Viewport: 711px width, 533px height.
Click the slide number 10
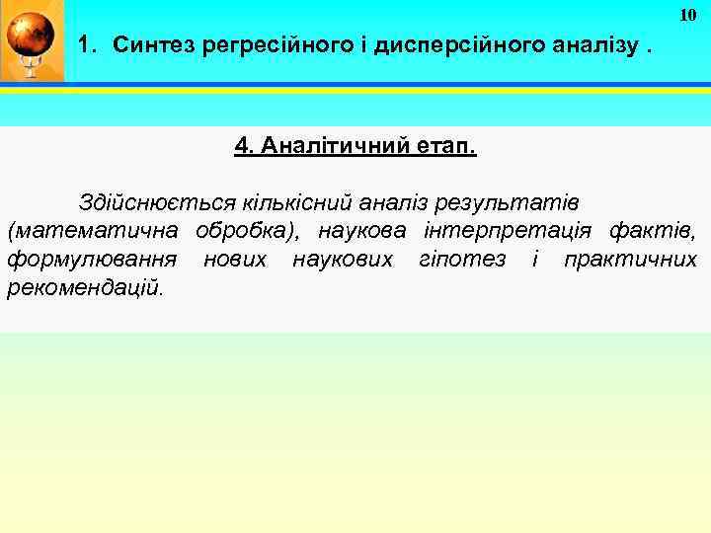click(688, 15)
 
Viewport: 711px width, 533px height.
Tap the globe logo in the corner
click(30, 41)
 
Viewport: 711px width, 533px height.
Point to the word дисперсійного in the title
click(454, 44)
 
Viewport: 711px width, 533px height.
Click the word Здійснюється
click(158, 202)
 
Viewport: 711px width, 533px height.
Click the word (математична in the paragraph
click(94, 231)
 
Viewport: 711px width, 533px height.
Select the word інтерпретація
click(508, 231)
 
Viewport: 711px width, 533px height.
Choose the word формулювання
click(93, 260)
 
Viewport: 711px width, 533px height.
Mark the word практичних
click(629, 260)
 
